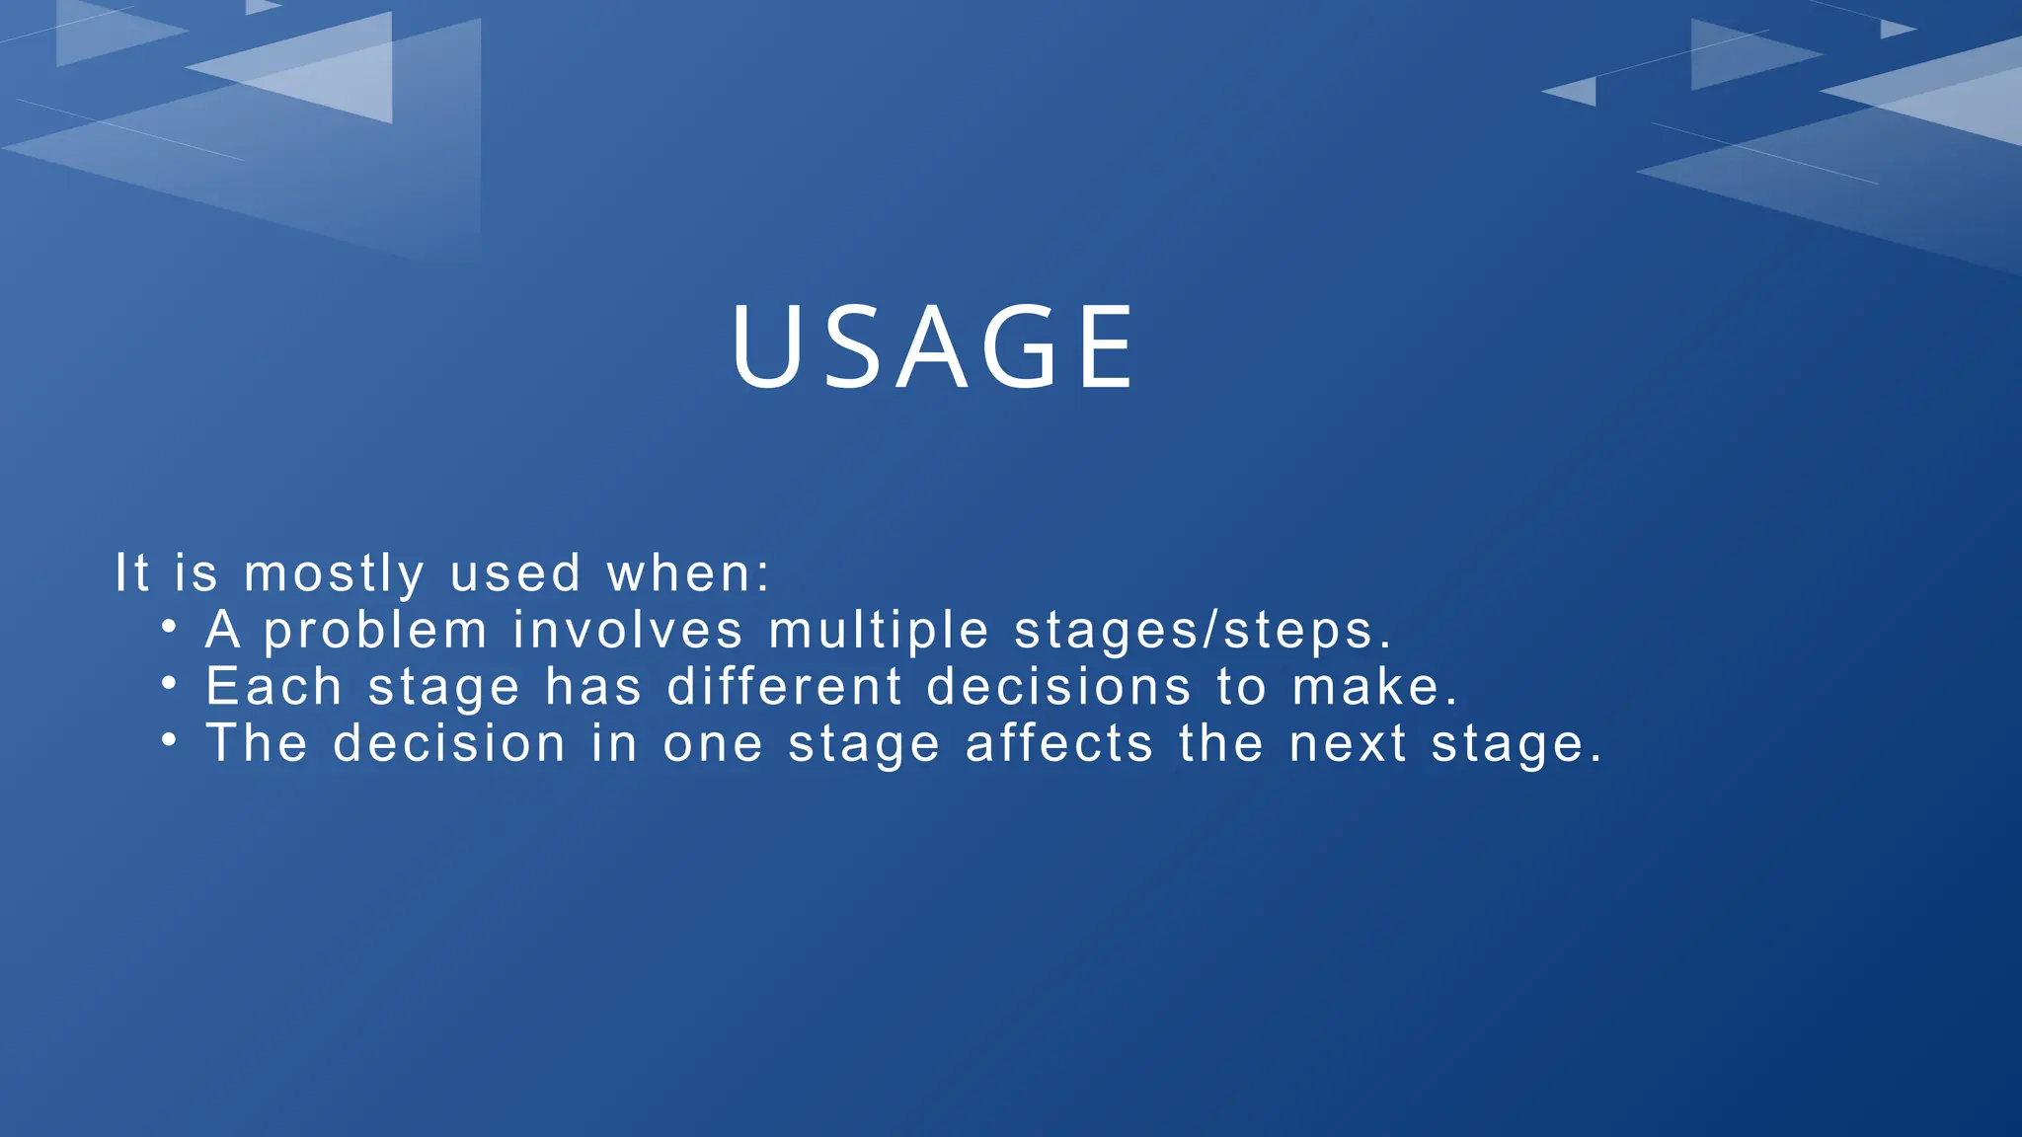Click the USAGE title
point(933,347)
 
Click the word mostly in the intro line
point(334,574)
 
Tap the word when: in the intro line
point(688,573)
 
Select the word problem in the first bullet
point(376,632)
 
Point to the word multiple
point(879,632)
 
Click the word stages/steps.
point(1203,632)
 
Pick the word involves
point(628,631)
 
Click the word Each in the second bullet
point(273,687)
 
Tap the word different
point(785,687)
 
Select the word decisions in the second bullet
point(1059,687)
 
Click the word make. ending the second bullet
point(1375,687)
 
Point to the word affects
point(1059,743)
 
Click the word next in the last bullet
point(1348,743)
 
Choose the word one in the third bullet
point(713,743)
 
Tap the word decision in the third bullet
point(449,743)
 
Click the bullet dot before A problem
point(170,626)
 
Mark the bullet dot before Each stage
point(170,682)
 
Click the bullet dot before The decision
point(170,738)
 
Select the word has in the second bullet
point(593,687)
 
